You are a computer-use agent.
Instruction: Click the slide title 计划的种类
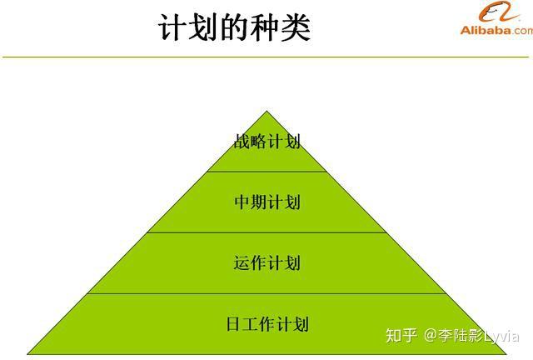click(x=234, y=27)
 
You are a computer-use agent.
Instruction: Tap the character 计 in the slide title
click(x=172, y=27)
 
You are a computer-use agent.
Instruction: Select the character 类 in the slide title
click(x=296, y=27)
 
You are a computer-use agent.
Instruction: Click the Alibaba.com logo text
click(x=496, y=30)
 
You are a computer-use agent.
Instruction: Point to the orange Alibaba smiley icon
click(x=498, y=12)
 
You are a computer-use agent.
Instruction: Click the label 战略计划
click(x=267, y=141)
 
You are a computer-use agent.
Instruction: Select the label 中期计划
click(x=267, y=202)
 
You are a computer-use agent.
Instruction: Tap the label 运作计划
click(x=267, y=263)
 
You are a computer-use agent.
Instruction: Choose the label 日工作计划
click(x=267, y=323)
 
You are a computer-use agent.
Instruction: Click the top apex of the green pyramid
click(x=266, y=111)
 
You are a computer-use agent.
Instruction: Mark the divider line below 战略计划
click(x=266, y=172)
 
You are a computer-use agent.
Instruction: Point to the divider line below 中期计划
click(x=266, y=232)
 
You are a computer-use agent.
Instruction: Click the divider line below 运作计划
click(x=266, y=293)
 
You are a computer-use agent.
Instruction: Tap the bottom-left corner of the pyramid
click(x=27, y=354)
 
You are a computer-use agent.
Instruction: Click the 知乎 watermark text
click(x=401, y=336)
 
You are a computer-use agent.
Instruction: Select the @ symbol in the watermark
click(x=431, y=336)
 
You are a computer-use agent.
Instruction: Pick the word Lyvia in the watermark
click(x=501, y=336)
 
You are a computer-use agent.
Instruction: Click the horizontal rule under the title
click(x=266, y=57)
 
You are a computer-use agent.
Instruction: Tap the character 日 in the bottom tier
click(x=233, y=324)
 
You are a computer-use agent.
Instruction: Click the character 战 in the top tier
click(x=242, y=141)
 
